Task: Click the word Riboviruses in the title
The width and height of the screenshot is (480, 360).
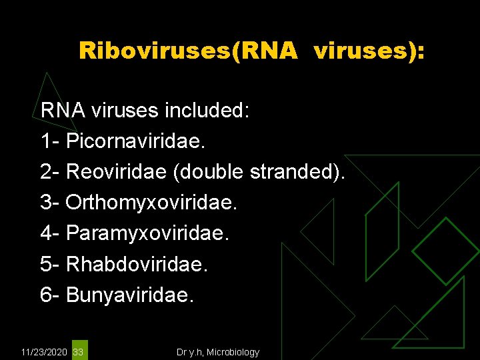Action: point(155,51)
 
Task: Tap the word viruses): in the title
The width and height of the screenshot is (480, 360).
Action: point(368,51)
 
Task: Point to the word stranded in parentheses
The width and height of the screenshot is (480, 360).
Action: point(297,172)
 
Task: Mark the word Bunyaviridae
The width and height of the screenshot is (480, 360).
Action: point(131,295)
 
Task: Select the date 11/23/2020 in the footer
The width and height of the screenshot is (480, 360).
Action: point(45,351)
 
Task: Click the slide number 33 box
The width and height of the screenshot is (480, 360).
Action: point(79,351)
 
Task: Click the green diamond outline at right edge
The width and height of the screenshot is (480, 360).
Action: point(445,251)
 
